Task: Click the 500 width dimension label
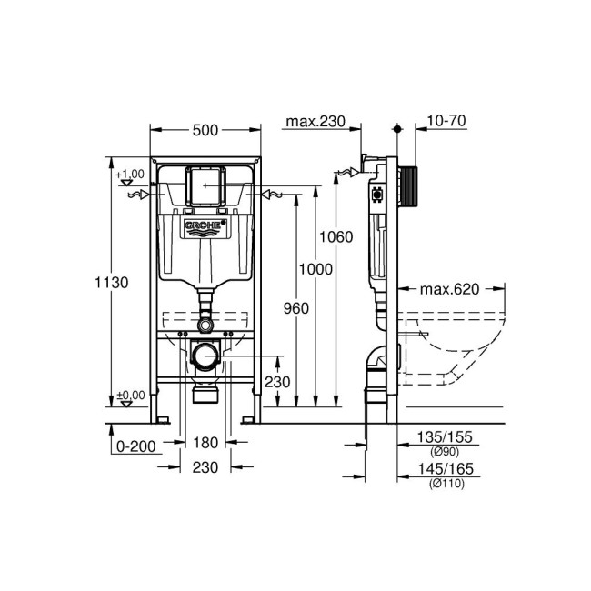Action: pyautogui.click(x=205, y=130)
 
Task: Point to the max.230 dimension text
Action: pyautogui.click(x=316, y=121)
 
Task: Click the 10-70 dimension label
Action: pyautogui.click(x=446, y=121)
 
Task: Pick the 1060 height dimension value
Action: pyautogui.click(x=335, y=237)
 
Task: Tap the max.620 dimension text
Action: pyautogui.click(x=449, y=290)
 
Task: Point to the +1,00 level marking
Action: pyautogui.click(x=130, y=173)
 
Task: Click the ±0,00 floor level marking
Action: pyautogui.click(x=129, y=395)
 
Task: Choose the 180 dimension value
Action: pyautogui.click(x=205, y=445)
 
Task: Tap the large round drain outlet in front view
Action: pyautogui.click(x=205, y=357)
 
